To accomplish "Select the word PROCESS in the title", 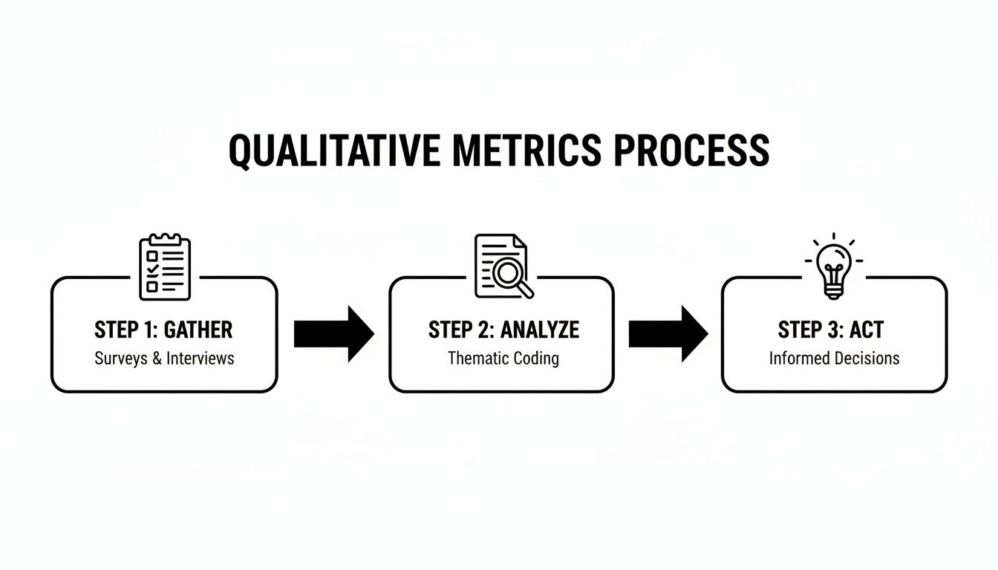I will click(x=691, y=151).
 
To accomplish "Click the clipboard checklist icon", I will click(x=165, y=267).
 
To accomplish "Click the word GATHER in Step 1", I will click(x=198, y=330).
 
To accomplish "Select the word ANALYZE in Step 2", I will click(x=539, y=330).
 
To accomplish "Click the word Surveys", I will click(x=120, y=358).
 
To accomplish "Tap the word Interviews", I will click(x=200, y=358).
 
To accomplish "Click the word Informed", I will click(x=798, y=358).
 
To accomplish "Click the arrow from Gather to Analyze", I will click(x=333, y=334).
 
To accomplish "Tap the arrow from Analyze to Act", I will click(x=668, y=334).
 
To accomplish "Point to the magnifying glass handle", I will click(x=525, y=290).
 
